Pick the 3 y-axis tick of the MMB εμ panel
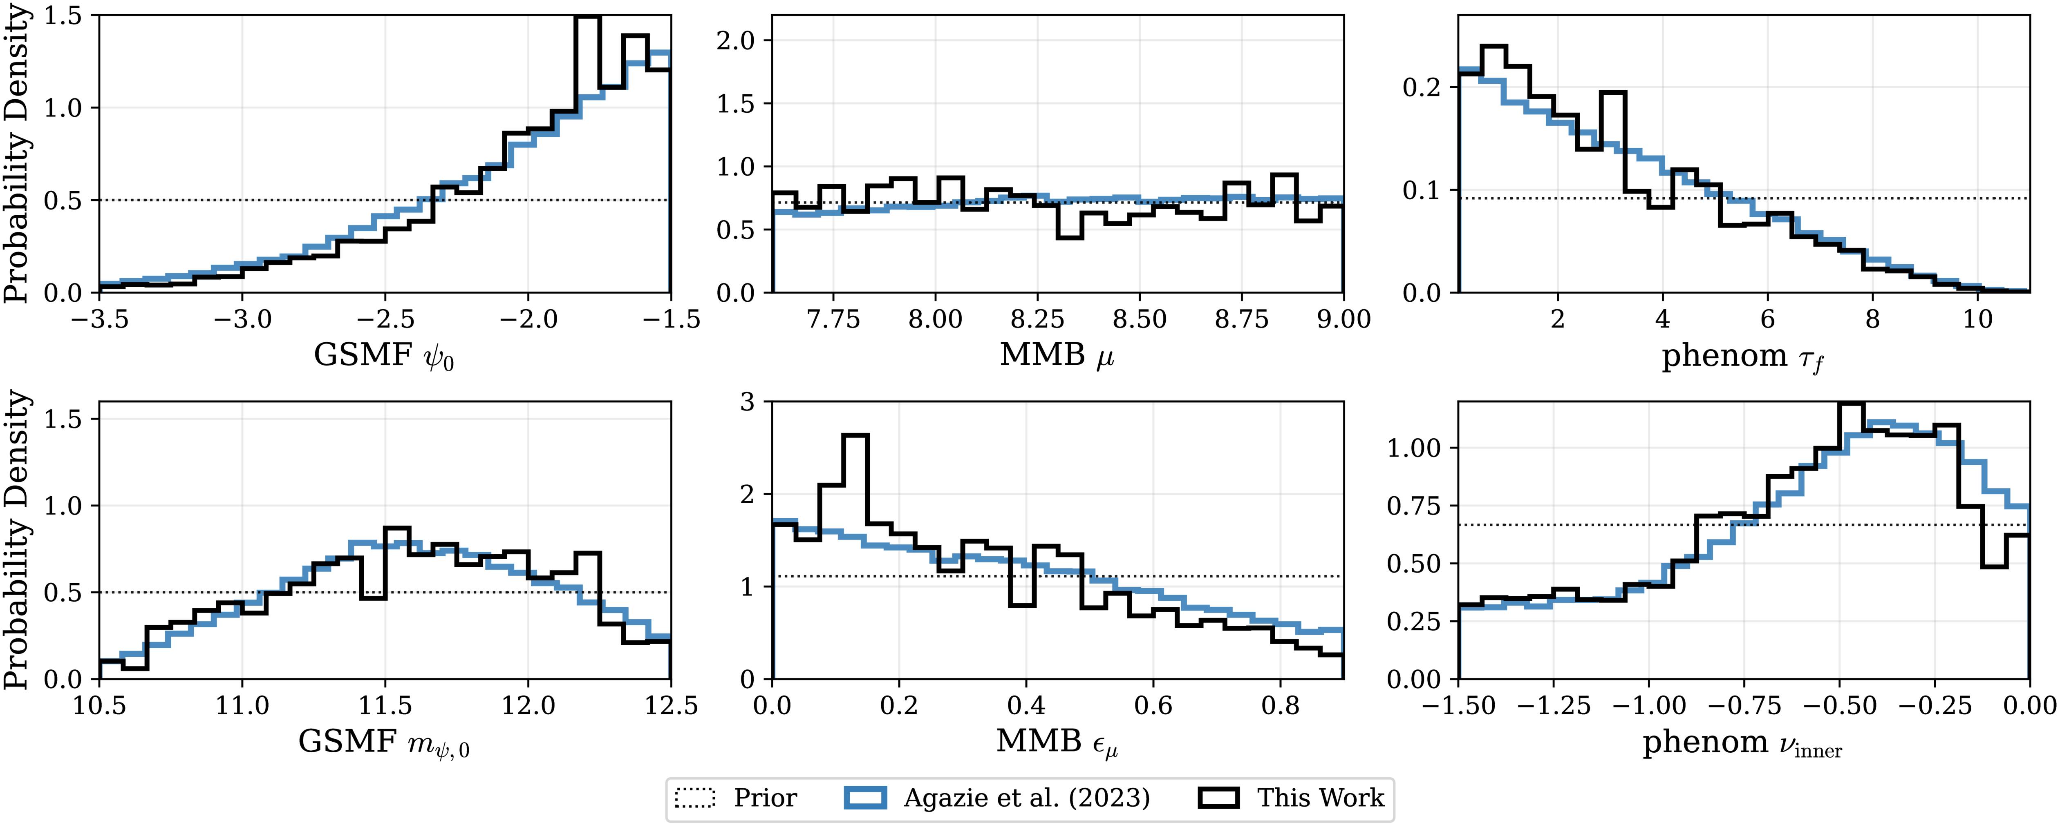click(748, 402)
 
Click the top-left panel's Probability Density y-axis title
click(16, 156)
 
